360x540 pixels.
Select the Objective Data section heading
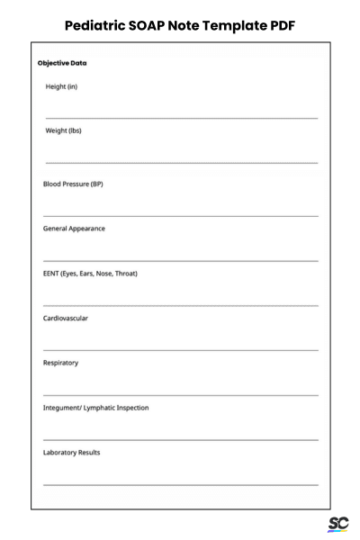[62, 63]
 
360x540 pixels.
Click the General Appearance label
[74, 229]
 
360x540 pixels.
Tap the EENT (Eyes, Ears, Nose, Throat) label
[90, 274]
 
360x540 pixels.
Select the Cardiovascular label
[66, 318]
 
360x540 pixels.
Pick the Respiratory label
[61, 363]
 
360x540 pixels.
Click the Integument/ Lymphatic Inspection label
[96, 408]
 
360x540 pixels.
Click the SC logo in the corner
[338, 524]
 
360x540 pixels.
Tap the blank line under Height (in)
[181, 118]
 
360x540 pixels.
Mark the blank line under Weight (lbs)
[181, 163]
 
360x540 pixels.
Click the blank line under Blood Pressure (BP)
[181, 216]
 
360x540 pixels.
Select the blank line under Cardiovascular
[181, 350]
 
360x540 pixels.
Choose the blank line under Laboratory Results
[181, 485]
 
